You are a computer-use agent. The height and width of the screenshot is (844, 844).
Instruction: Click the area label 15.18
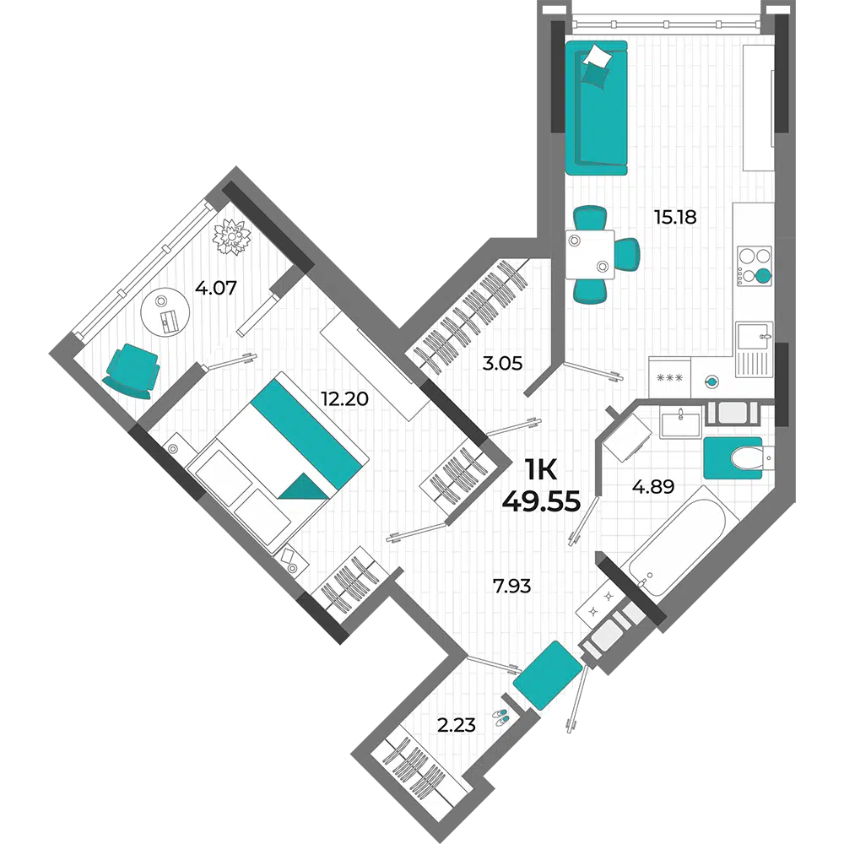pyautogui.click(x=675, y=217)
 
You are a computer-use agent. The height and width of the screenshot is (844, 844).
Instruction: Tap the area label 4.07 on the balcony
pyautogui.click(x=216, y=288)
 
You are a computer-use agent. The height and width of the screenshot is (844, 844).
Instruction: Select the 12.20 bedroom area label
pyautogui.click(x=344, y=399)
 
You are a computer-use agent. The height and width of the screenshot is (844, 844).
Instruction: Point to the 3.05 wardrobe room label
pyautogui.click(x=502, y=363)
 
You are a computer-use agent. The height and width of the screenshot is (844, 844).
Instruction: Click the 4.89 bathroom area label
pyautogui.click(x=653, y=487)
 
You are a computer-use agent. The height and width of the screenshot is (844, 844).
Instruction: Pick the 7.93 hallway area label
pyautogui.click(x=512, y=586)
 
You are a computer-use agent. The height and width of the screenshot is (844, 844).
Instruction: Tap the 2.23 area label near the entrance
pyautogui.click(x=456, y=726)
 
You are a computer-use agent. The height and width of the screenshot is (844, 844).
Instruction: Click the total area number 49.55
pyautogui.click(x=541, y=501)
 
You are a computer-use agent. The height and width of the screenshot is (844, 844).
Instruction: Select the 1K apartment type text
pyautogui.click(x=541, y=472)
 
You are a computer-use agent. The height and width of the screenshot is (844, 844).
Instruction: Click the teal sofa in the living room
pyautogui.click(x=597, y=108)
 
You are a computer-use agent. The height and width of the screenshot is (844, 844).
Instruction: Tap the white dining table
pyautogui.click(x=590, y=254)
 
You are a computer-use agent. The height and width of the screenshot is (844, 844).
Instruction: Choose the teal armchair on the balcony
pyautogui.click(x=131, y=371)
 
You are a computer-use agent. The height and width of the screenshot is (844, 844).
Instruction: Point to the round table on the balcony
pyautogui.click(x=165, y=312)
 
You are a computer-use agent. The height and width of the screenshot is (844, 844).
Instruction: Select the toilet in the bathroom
pyautogui.click(x=748, y=458)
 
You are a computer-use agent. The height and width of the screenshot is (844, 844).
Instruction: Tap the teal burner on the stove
pyautogui.click(x=763, y=276)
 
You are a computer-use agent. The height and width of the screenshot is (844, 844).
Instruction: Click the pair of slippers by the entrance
pyautogui.click(x=500, y=717)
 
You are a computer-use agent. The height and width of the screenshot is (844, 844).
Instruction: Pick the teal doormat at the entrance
pyautogui.click(x=548, y=675)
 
